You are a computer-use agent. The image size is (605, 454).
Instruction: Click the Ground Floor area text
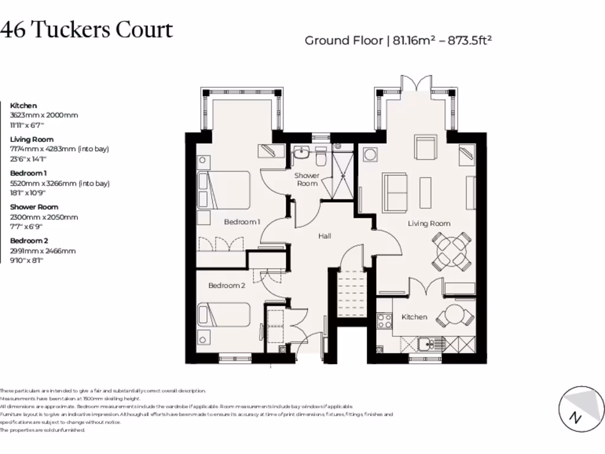398,41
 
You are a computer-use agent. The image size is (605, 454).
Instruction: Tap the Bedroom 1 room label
242,222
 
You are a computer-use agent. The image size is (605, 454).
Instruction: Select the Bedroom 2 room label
226,286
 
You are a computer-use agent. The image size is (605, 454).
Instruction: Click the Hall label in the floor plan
324,236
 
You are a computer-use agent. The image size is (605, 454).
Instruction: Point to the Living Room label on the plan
429,223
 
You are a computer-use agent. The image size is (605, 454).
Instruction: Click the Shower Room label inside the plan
307,179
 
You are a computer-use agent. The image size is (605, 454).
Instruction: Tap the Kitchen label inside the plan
414,317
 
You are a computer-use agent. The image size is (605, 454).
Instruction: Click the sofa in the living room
394,192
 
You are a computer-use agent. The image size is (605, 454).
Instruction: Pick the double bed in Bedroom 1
223,190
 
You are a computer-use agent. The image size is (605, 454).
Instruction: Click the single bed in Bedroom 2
223,314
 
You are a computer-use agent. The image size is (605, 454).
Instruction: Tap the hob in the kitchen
385,321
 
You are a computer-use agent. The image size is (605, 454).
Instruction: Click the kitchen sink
425,343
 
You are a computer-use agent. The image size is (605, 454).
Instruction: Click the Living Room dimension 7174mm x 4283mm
59,149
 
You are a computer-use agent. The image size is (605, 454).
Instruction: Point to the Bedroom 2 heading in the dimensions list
28,241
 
